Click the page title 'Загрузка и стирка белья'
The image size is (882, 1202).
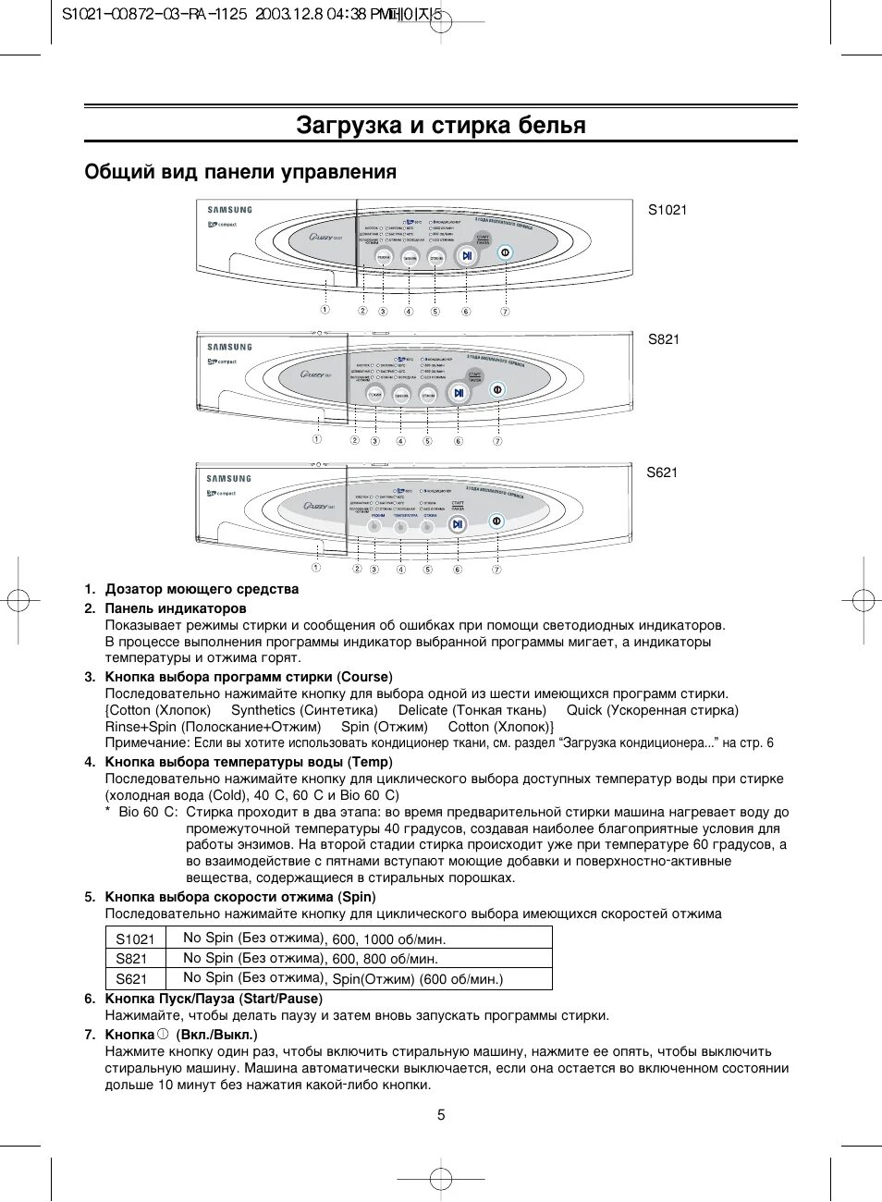(441, 125)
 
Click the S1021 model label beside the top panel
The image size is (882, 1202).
(667, 210)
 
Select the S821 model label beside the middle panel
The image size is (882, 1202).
(663, 339)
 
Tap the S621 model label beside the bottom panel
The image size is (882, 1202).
(662, 472)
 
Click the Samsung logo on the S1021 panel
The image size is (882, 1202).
(229, 210)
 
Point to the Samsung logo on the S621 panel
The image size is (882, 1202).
(228, 479)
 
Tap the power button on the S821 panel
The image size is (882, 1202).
(497, 390)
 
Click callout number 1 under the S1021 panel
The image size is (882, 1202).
(325, 311)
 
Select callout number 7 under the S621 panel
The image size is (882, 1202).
(496, 570)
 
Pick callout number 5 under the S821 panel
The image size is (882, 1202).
(427, 442)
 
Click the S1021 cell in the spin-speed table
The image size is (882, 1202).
(135, 939)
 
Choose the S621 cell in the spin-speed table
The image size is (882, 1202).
(132, 979)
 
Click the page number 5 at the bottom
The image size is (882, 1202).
(441, 1115)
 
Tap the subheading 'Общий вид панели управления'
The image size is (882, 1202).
(240, 172)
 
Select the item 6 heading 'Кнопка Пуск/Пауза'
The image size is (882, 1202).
(170, 999)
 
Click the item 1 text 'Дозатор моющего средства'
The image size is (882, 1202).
(202, 589)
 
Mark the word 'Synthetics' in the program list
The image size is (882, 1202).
(263, 710)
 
